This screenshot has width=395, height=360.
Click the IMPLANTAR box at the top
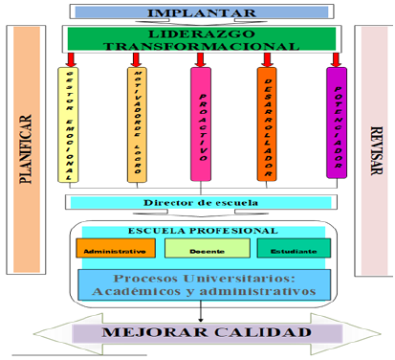(x=200, y=11)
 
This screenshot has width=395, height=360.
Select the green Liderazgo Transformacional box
(x=200, y=38)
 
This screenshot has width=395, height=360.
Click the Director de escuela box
(x=200, y=202)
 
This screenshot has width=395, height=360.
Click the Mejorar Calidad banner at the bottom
(x=200, y=335)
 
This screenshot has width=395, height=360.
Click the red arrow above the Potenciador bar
(x=335, y=58)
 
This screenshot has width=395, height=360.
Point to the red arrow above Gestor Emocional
(x=69, y=58)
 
